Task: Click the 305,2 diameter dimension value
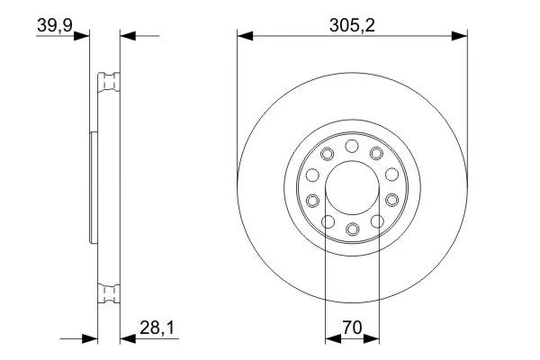click(352, 25)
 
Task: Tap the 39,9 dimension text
click(55, 25)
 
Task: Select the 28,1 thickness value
click(157, 328)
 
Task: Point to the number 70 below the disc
click(352, 328)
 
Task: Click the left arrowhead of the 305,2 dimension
click(245, 36)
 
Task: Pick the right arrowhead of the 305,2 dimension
click(459, 36)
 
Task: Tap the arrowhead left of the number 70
click(333, 338)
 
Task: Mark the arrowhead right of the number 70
click(371, 338)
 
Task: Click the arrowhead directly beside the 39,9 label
click(82, 36)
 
